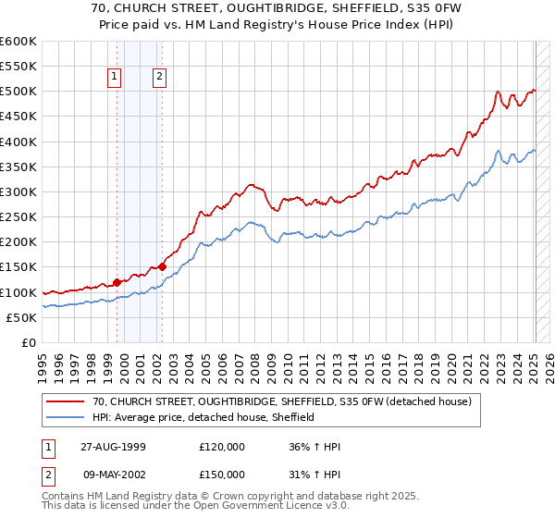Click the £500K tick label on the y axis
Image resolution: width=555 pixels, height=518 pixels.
point(18,92)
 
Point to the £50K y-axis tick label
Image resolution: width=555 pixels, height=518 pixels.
point(21,317)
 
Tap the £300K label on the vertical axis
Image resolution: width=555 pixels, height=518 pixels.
point(18,191)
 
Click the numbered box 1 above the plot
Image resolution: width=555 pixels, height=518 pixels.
point(115,78)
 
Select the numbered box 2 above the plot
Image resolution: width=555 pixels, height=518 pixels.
point(159,78)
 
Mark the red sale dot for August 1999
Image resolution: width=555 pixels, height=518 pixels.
point(117,282)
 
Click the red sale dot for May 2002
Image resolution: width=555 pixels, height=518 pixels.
point(162,267)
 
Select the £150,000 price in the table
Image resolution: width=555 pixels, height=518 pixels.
point(221,476)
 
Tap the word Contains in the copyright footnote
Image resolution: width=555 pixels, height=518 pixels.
point(63,499)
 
